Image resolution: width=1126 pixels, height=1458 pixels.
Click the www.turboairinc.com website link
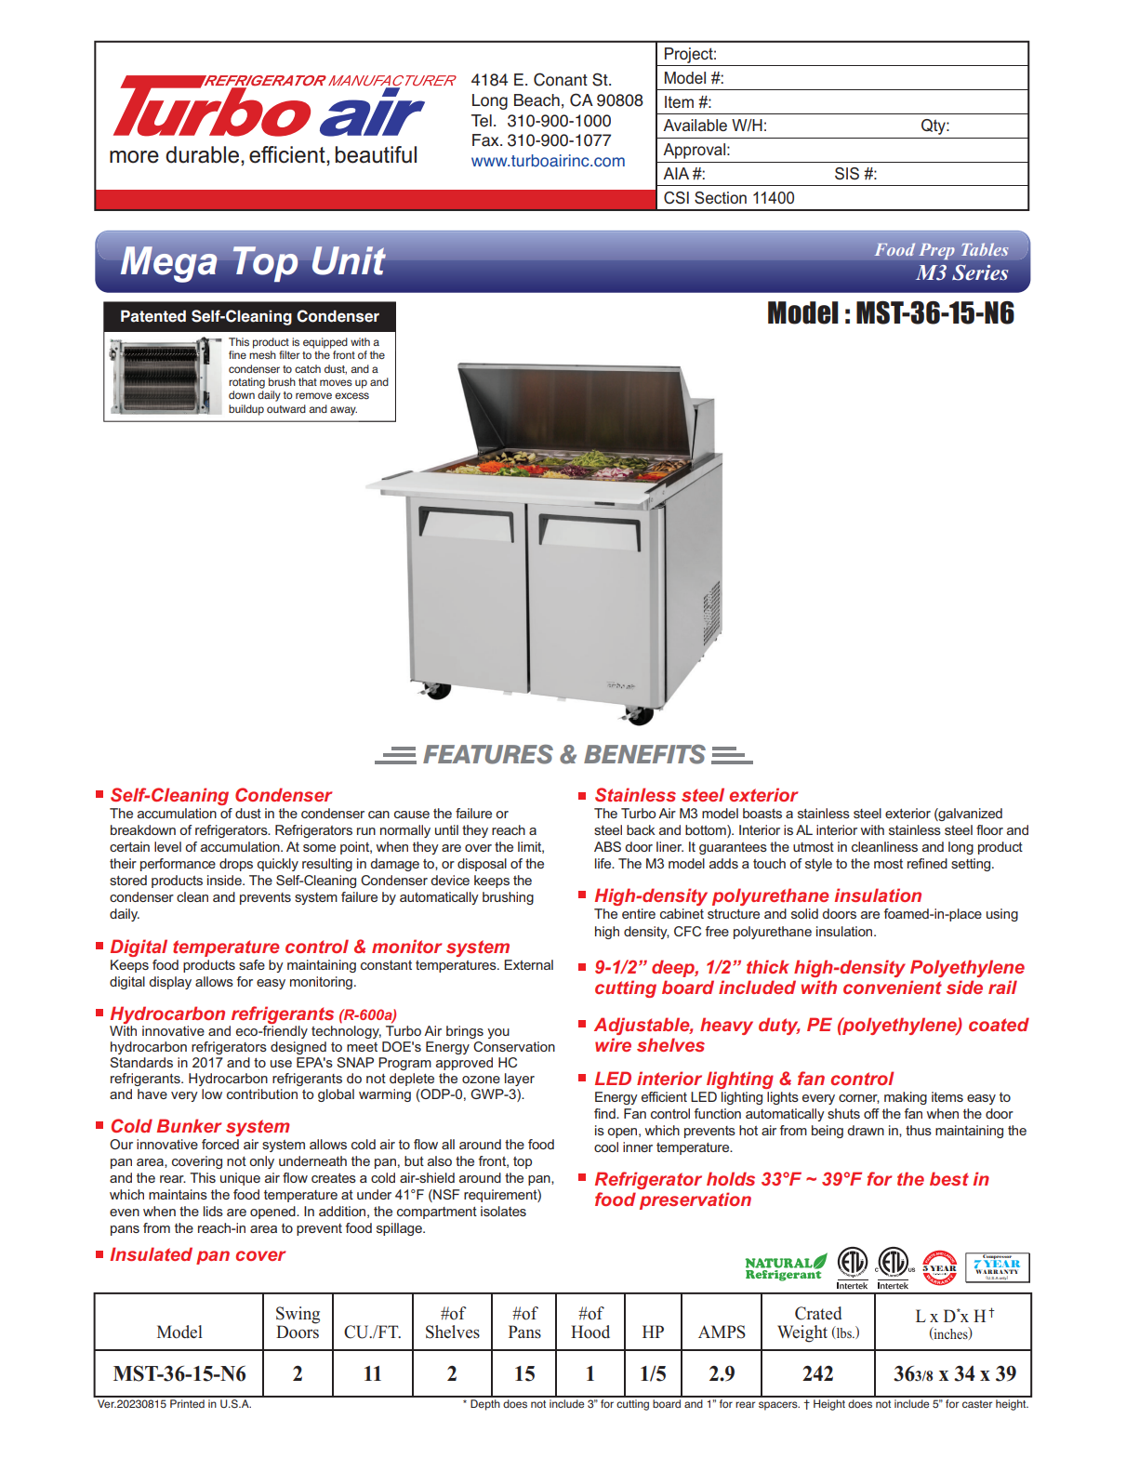[x=548, y=161]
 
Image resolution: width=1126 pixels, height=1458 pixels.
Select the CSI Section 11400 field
[x=729, y=198]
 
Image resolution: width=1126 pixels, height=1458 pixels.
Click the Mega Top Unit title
[x=253, y=261]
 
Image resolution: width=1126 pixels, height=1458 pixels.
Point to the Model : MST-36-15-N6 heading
[x=890, y=313]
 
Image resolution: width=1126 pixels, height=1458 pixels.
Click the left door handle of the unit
[x=465, y=522]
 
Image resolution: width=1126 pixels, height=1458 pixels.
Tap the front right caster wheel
[x=639, y=715]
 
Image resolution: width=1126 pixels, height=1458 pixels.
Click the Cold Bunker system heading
[x=200, y=1126]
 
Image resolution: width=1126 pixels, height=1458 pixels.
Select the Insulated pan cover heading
[x=197, y=1254]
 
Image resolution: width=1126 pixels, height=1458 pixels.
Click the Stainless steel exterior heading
[x=695, y=795]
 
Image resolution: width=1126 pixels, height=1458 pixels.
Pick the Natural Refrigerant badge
[x=785, y=1268]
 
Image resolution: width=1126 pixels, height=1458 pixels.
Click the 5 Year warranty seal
[x=939, y=1268]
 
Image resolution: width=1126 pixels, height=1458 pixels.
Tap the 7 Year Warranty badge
[x=997, y=1267]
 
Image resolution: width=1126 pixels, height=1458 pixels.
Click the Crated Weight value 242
[x=818, y=1373]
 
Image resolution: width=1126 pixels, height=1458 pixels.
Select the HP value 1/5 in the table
[x=653, y=1373]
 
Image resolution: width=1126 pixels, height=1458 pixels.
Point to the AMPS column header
[x=722, y=1332]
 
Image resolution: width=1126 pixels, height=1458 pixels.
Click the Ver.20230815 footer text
[x=175, y=1404]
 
